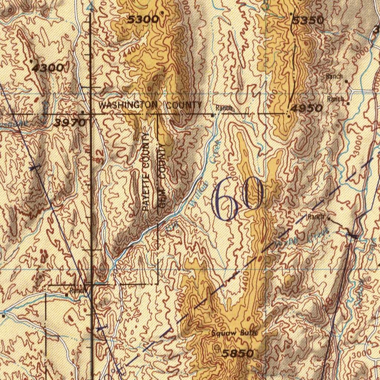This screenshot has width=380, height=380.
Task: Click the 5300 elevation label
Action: point(143,20)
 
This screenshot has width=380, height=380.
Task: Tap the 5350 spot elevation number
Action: point(308,20)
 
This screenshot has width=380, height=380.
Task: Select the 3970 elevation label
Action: point(69,122)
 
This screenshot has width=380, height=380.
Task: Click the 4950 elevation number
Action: point(307,108)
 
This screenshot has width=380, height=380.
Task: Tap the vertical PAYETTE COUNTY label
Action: point(146,172)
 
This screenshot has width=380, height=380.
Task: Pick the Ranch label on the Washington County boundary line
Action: point(224,108)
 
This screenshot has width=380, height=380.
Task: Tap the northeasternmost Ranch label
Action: point(334,76)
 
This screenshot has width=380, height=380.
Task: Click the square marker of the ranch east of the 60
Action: point(328,219)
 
